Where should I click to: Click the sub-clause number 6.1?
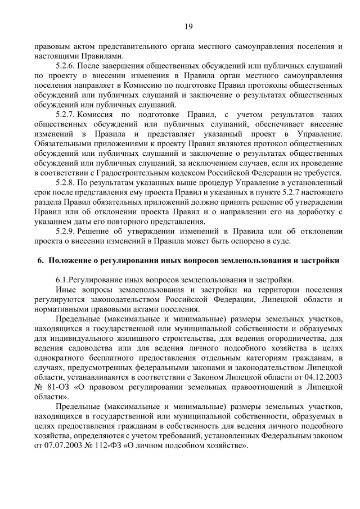point(62,280)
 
